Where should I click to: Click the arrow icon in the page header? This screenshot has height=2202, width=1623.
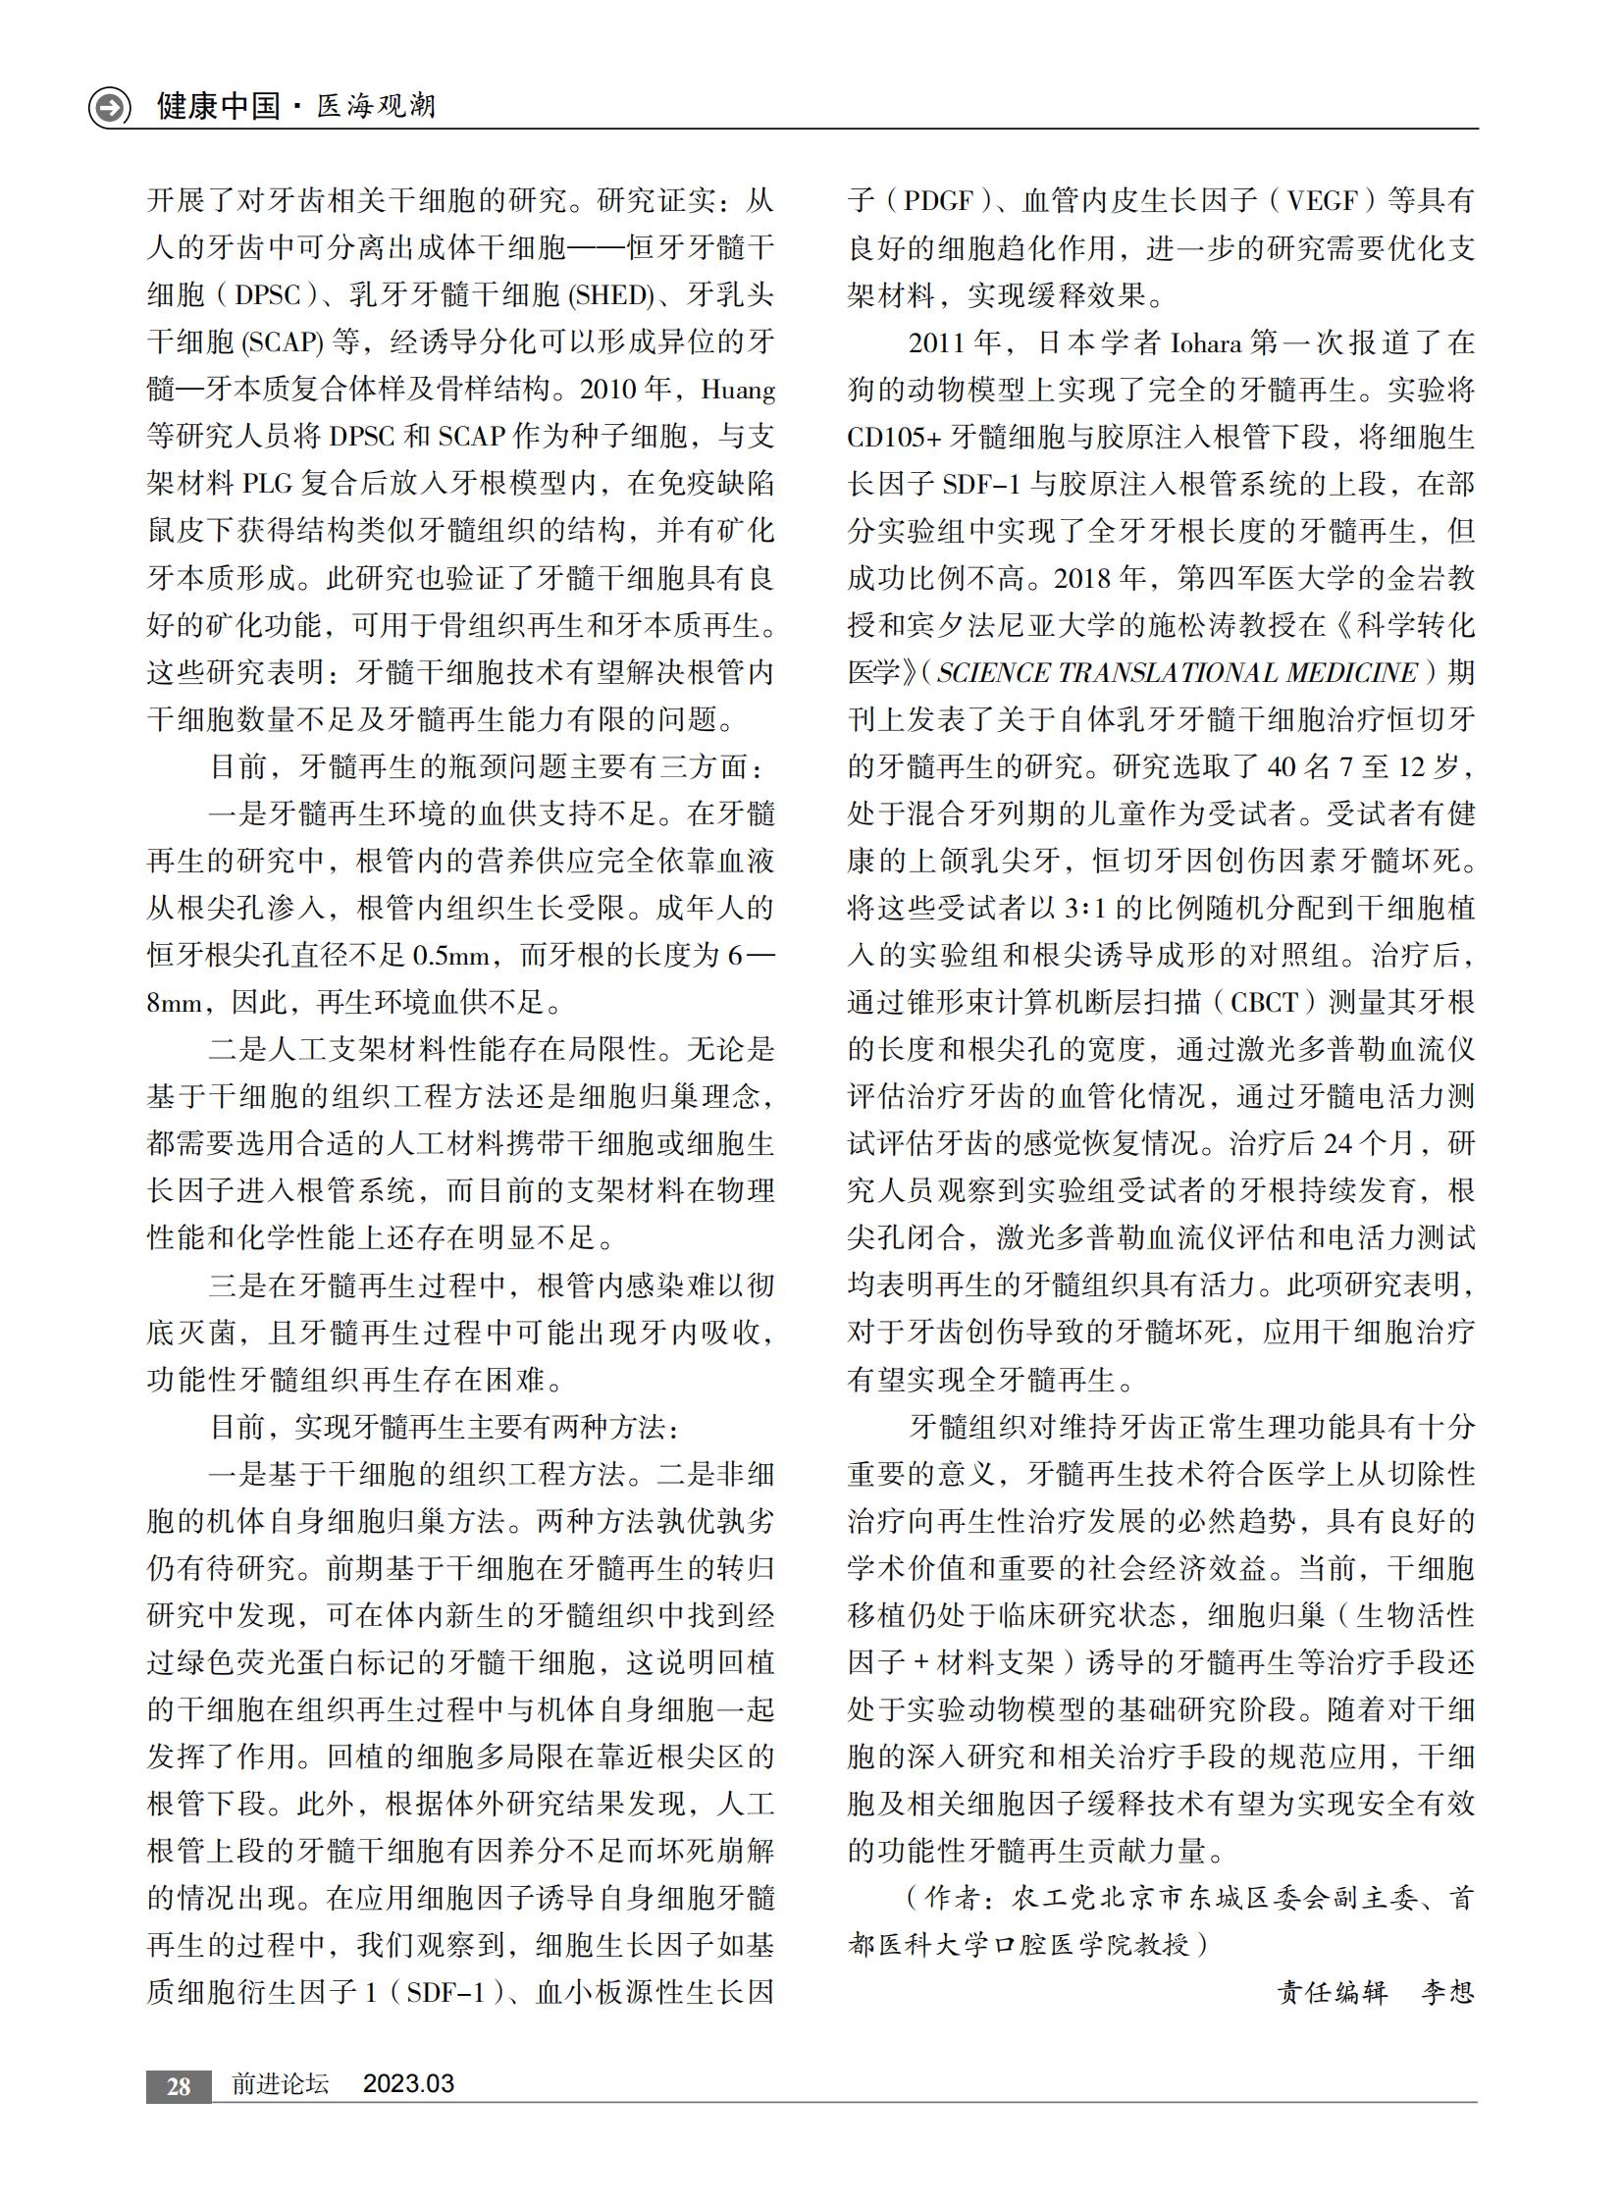109,106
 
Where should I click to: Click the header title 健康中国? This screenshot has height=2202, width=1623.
218,106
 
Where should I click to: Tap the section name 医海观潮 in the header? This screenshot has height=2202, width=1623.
376,106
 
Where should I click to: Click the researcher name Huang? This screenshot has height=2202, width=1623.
738,391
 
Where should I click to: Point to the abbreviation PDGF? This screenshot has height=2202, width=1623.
938,201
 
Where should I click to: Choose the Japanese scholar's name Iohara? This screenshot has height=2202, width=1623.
1205,342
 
